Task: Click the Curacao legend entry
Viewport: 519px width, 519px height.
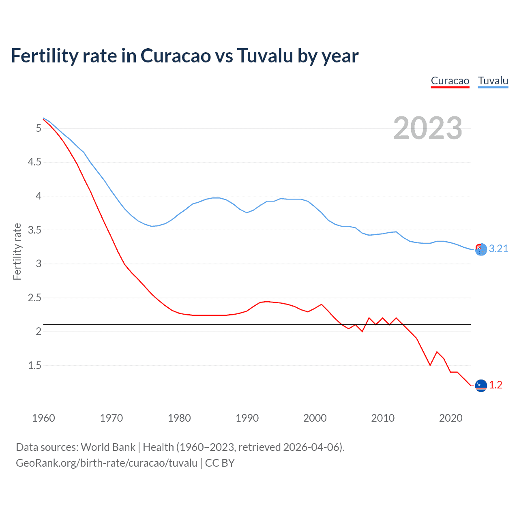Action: pyautogui.click(x=450, y=81)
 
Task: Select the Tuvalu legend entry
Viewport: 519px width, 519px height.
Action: pyautogui.click(x=493, y=81)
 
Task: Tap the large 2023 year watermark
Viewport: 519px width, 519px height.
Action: pyautogui.click(x=427, y=128)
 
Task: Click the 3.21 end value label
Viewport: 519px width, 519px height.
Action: pyautogui.click(x=498, y=249)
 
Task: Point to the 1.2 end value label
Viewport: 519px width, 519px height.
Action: pyautogui.click(x=495, y=385)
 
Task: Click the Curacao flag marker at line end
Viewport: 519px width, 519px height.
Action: pyautogui.click(x=481, y=385)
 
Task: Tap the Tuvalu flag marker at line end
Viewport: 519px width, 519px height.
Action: pyautogui.click(x=481, y=250)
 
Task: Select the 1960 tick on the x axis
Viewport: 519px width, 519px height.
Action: pyautogui.click(x=43, y=418)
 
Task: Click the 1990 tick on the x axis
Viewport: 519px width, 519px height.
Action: pyautogui.click(x=247, y=418)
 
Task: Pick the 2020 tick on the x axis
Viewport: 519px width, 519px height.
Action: pyautogui.click(x=450, y=418)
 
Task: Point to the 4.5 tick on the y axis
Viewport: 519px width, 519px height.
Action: pyautogui.click(x=34, y=162)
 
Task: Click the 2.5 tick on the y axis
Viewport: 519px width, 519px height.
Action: pyautogui.click(x=34, y=298)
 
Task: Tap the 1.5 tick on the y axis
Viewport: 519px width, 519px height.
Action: pyautogui.click(x=34, y=366)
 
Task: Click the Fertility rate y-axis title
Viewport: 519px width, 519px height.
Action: pyautogui.click(x=17, y=251)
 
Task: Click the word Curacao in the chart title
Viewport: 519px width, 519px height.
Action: pyautogui.click(x=176, y=56)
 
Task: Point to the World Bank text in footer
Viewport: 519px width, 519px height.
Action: pyautogui.click(x=108, y=447)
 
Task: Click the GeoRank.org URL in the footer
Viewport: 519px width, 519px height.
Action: pyautogui.click(x=107, y=463)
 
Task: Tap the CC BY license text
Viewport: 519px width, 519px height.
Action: pyautogui.click(x=220, y=463)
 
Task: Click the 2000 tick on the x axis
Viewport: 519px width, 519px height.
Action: pyautogui.click(x=315, y=418)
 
